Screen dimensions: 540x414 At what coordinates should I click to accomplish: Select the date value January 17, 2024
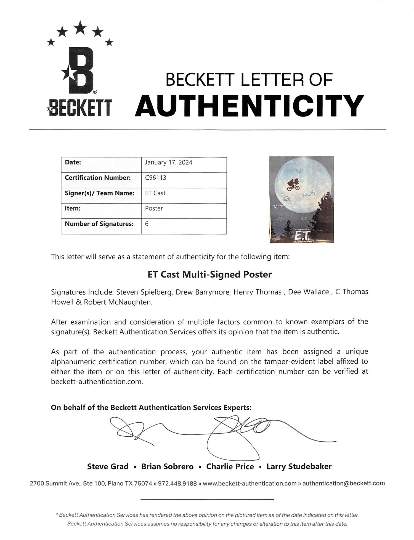[x=169, y=163]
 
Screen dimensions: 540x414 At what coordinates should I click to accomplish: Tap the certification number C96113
[x=156, y=178]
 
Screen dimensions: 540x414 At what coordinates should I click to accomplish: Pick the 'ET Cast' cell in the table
[x=155, y=193]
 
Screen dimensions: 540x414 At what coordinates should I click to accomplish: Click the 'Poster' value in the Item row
[x=154, y=209]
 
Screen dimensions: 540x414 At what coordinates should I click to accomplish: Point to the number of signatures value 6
[x=147, y=224]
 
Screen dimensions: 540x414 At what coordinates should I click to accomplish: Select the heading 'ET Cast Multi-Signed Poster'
[x=210, y=275]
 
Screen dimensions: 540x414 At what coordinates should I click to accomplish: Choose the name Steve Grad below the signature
[x=108, y=467]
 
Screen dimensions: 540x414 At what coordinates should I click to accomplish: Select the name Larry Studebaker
[x=299, y=467]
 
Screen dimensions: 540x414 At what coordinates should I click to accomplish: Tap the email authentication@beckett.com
[x=344, y=484]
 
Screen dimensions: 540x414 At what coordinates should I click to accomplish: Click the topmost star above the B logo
[x=80, y=28]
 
